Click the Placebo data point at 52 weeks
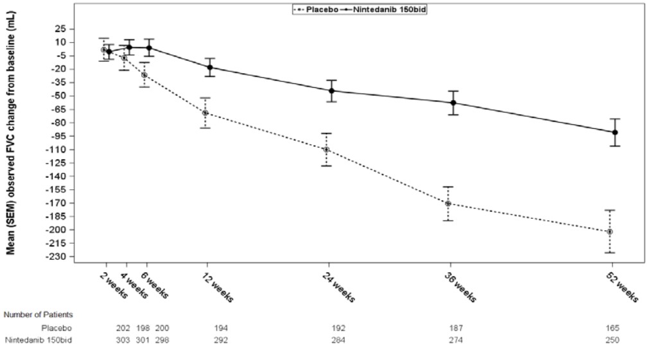[610, 232]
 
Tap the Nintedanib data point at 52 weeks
[615, 132]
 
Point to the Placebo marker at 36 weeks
[448, 203]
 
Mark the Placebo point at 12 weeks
[205, 113]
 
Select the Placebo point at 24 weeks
[326, 150]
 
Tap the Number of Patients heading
[38, 315]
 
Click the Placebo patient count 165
[612, 328]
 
